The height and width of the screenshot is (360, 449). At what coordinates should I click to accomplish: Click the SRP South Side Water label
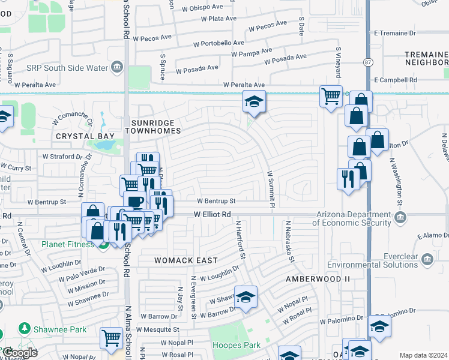pos(67,67)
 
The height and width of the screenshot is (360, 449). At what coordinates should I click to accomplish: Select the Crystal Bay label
pos(85,136)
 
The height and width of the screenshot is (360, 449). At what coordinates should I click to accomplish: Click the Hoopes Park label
pos(237,346)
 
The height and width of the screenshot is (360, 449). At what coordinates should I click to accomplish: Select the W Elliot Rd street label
pos(212,214)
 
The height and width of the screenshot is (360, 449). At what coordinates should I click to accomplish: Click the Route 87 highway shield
pos(367,62)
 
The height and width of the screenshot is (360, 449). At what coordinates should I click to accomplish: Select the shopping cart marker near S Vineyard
pos(331,96)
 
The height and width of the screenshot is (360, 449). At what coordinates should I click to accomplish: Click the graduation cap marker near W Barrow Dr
pos(246,297)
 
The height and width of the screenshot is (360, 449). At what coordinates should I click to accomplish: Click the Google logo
pos(20,352)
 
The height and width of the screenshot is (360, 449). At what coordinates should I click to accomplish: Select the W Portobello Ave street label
pos(218,43)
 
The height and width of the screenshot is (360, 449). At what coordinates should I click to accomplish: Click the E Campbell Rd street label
pos(395,80)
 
